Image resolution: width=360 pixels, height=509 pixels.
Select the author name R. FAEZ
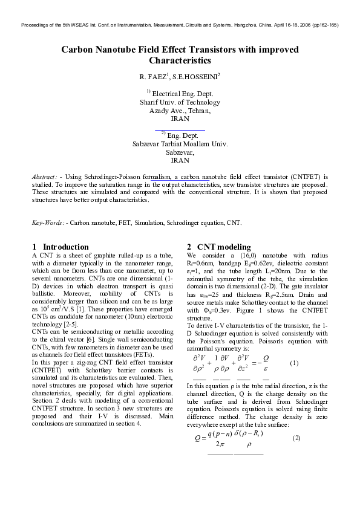[x=153, y=78]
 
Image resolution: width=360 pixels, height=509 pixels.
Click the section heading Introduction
[x=65, y=247]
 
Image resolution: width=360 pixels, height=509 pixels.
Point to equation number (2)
[x=296, y=436]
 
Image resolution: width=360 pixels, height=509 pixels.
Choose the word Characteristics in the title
[x=180, y=60]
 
